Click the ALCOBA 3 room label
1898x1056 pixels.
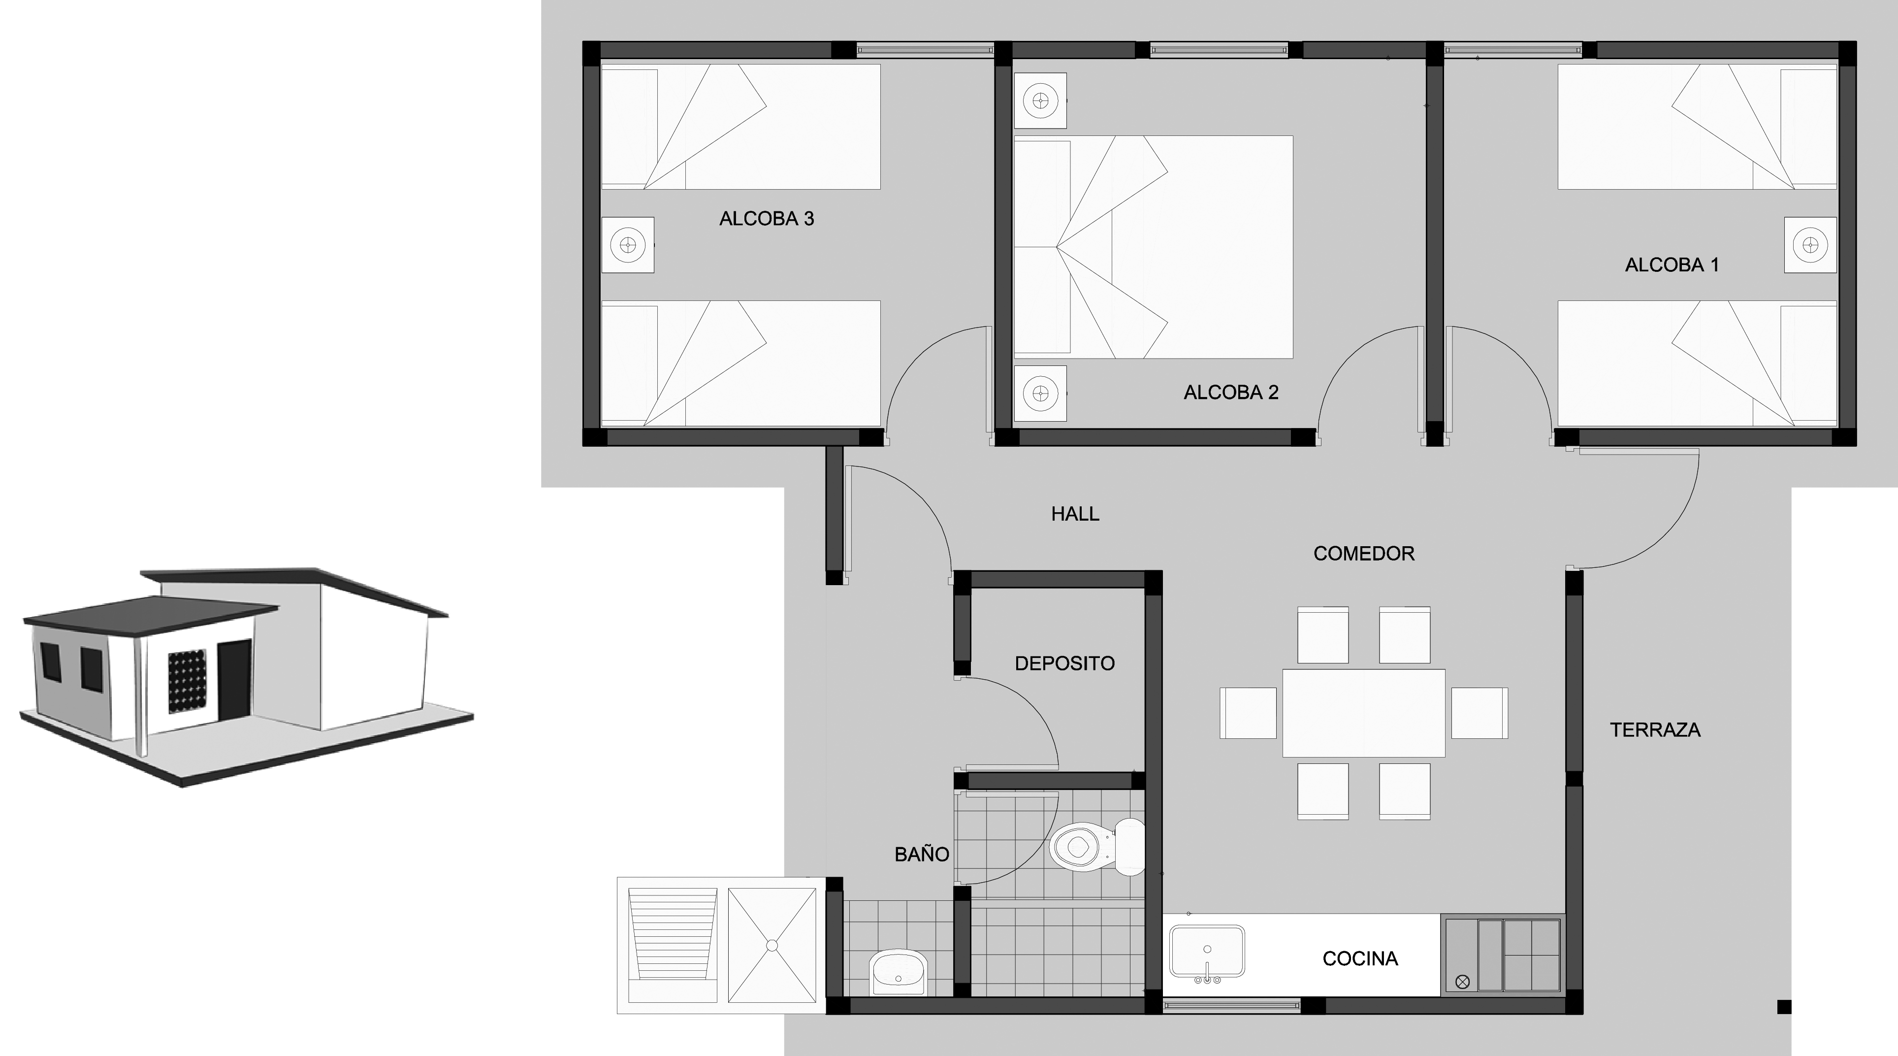[766, 219]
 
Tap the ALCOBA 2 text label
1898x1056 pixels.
[1230, 393]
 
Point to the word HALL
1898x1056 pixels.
[1075, 514]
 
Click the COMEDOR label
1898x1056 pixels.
[1364, 554]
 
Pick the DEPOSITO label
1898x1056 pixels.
[1064, 664]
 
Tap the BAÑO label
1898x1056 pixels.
[922, 854]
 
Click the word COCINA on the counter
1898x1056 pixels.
[1360, 959]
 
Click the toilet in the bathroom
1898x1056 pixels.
[1097, 847]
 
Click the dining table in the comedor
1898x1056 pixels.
[1364, 713]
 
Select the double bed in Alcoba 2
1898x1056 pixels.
[1153, 247]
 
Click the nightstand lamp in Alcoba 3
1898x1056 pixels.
[628, 245]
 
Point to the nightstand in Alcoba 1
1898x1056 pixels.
[1810, 245]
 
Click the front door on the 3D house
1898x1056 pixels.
[235, 679]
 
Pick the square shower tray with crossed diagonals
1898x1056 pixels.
[772, 945]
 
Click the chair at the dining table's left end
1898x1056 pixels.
[1248, 713]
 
